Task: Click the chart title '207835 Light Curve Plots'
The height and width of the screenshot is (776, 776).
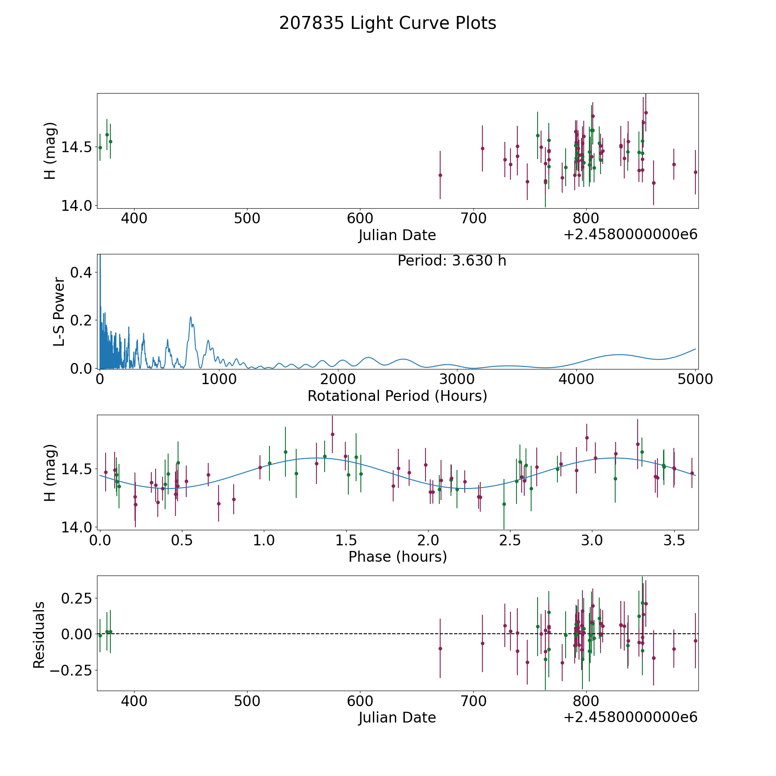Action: point(388,23)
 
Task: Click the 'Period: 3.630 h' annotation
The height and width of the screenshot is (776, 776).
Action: point(452,261)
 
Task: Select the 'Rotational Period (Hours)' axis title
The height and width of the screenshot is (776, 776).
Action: point(397,396)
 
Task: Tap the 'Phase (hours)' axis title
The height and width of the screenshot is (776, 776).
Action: point(397,557)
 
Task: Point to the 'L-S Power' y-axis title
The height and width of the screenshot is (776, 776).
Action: point(59,312)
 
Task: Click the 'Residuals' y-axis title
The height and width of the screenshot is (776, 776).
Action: point(39,635)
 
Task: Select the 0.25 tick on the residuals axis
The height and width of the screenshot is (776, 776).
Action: point(76,598)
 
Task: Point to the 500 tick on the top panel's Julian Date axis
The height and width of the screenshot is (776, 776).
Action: point(247,219)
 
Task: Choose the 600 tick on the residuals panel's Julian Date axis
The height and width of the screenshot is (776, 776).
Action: point(360,701)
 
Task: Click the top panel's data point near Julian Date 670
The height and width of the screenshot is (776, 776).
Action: point(440,175)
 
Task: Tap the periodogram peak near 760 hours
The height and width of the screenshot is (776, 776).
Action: point(191,317)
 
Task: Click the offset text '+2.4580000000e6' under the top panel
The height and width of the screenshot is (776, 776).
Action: point(630,235)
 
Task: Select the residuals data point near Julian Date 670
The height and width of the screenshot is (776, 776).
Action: point(440,648)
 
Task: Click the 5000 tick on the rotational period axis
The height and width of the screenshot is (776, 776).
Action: point(695,379)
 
